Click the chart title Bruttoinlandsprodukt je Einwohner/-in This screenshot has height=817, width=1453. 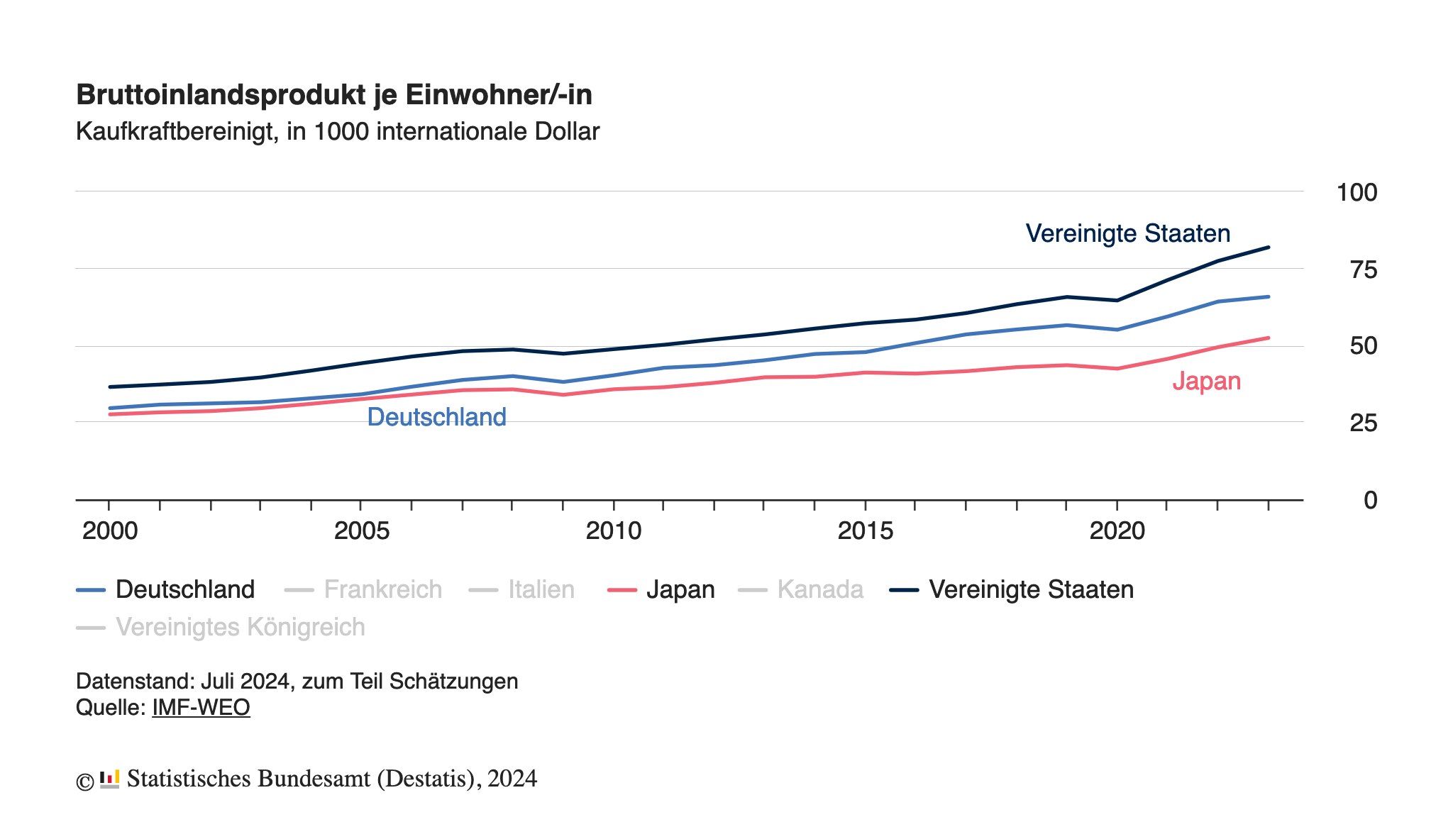pyautogui.click(x=333, y=95)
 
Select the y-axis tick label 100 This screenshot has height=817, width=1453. pyautogui.click(x=1357, y=192)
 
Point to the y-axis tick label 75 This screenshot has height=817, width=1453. pyautogui.click(x=1364, y=269)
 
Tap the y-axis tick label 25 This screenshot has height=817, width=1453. pyautogui.click(x=1364, y=423)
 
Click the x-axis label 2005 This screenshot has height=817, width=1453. pyautogui.click(x=362, y=530)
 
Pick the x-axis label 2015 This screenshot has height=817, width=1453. pyautogui.click(x=865, y=530)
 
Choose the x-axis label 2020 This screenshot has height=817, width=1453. pyautogui.click(x=1117, y=530)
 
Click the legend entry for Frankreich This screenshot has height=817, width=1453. pyautogui.click(x=382, y=590)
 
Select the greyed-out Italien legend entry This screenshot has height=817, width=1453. pyautogui.click(x=541, y=590)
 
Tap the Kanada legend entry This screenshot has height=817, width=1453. pyautogui.click(x=819, y=590)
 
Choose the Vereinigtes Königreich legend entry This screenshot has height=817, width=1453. pyautogui.click(x=240, y=628)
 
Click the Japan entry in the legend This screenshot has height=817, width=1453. pyautogui.click(x=680, y=590)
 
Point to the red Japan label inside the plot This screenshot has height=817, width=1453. pyautogui.click(x=1206, y=382)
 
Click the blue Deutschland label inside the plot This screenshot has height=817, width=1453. pyautogui.click(x=436, y=417)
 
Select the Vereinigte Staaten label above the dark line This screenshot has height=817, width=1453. pyautogui.click(x=1127, y=233)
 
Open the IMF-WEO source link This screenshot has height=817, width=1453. pyautogui.click(x=201, y=708)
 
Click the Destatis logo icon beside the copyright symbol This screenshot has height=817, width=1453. pyautogui.click(x=109, y=779)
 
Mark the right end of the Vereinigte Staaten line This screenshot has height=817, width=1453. pyautogui.click(x=1268, y=248)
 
